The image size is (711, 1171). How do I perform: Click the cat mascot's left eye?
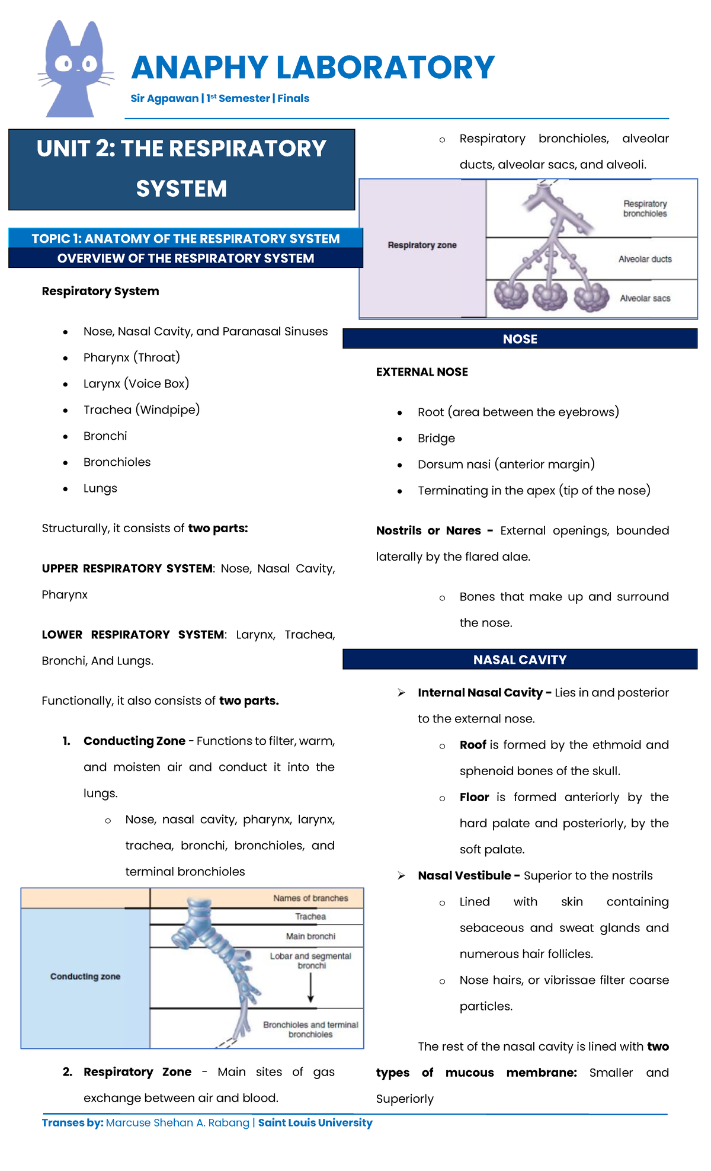63,63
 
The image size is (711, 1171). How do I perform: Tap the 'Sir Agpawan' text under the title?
165,98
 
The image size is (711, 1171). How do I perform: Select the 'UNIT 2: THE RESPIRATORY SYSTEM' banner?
181,169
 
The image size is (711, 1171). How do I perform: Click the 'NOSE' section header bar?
520,339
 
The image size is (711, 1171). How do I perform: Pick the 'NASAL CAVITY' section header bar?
520,660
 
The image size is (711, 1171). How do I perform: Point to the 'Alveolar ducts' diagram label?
645,259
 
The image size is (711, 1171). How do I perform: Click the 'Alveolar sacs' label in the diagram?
645,298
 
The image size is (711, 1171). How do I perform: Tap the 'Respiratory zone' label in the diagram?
422,245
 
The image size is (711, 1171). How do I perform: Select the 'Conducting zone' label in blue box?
85,976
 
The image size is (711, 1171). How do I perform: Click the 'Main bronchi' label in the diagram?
310,936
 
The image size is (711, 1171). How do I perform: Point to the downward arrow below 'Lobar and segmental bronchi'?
310,988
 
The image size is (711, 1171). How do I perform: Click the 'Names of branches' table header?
310,898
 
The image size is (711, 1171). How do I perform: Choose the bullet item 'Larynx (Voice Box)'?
136,383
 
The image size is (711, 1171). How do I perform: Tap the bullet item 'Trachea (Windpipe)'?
142,409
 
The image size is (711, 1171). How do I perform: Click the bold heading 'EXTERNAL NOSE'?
422,372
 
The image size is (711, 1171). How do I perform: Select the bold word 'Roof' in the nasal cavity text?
473,745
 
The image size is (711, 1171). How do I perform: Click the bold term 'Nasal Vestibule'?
465,875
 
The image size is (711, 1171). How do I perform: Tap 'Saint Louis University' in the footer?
315,1122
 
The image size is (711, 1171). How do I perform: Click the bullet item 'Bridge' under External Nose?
436,438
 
